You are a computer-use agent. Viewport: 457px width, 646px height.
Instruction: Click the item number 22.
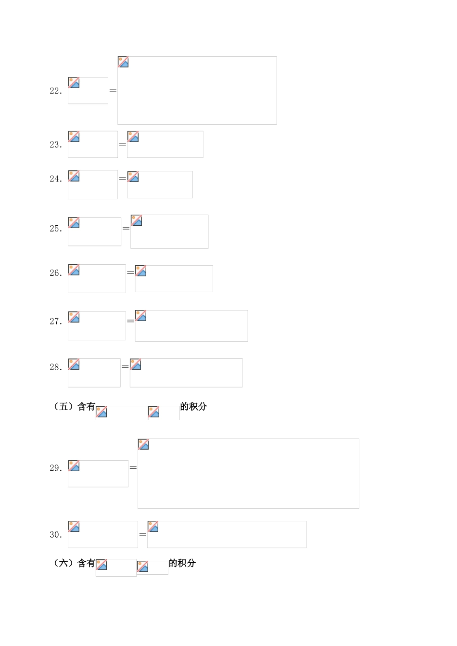coord(56,91)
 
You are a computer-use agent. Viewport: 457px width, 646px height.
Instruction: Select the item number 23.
coord(56,144)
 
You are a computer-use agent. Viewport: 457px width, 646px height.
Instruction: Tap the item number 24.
coord(56,179)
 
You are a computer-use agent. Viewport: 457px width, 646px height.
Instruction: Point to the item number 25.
coord(56,228)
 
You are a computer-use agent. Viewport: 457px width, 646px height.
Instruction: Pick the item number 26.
coord(56,273)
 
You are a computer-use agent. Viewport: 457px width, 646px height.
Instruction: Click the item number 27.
coord(56,321)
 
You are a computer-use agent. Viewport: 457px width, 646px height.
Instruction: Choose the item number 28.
coord(56,367)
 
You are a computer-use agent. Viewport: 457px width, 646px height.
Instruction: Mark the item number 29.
coord(56,468)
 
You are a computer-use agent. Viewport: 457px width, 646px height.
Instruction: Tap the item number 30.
coord(56,535)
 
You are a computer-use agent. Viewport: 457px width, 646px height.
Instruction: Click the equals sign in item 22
coord(113,90)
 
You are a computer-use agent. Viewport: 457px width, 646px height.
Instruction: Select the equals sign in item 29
coord(133,467)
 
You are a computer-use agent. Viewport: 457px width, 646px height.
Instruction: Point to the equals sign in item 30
coord(143,534)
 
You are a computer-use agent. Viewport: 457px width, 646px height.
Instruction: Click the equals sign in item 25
coord(126,228)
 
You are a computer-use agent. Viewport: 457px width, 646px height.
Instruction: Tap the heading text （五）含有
coord(74,406)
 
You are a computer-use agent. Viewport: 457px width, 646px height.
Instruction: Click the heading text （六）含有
coord(74,563)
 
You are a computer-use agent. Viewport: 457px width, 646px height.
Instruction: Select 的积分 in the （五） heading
coord(194,406)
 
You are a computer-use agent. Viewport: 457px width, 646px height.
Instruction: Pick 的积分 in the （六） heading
coord(182,563)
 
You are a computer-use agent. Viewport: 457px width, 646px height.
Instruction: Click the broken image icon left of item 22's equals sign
coord(74,83)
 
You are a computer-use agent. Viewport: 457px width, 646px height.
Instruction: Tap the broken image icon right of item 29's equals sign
coord(143,444)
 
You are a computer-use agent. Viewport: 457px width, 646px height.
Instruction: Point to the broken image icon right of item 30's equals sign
coord(152,527)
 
